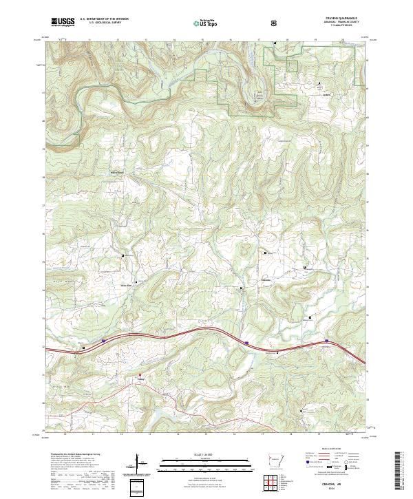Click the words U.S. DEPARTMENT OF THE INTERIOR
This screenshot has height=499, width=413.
(x=104, y=19)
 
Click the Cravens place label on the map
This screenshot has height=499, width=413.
(x=268, y=280)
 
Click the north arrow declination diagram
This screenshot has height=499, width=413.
(x=137, y=464)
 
